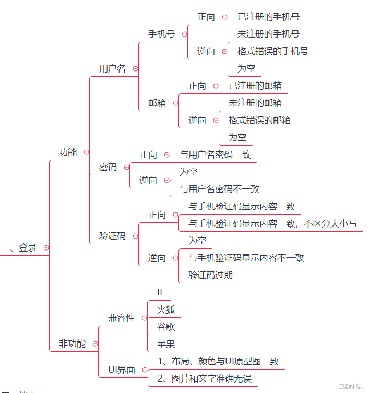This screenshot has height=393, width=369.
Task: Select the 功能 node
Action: coord(68,152)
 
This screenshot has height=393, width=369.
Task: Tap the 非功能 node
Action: coord(72,343)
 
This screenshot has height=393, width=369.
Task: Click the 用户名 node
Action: coord(112,68)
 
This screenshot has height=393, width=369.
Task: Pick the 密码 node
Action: coord(108,168)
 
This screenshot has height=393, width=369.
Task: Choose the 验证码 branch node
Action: coord(112,236)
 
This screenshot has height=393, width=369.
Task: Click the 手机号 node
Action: coord(161,34)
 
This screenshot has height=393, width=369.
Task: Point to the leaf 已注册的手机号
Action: coord(268,17)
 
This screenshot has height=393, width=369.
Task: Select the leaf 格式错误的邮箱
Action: coord(259,120)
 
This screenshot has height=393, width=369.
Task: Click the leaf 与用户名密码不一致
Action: coord(219,189)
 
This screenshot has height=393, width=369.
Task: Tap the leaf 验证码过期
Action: coord(210,275)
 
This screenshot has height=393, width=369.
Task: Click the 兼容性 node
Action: coord(121,318)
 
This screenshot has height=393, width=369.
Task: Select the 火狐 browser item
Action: coord(166,309)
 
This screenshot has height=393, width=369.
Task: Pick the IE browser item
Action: coord(161,292)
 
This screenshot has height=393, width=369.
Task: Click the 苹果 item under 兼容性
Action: coord(166,343)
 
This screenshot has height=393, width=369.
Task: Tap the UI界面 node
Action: coord(121,370)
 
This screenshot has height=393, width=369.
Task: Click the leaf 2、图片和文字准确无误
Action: coord(204,378)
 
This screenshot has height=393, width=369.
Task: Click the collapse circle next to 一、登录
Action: coord(46,248)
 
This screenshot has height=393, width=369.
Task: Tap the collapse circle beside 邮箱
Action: coord(175,103)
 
